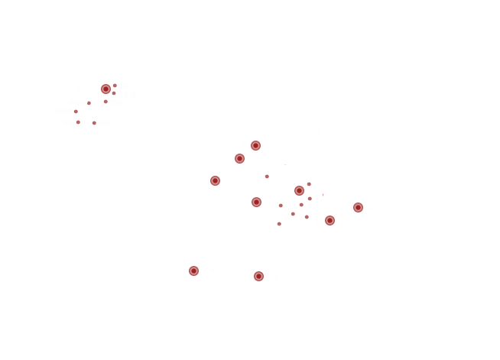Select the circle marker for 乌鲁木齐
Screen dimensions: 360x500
click(x=106, y=89)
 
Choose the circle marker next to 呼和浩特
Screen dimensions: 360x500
click(x=256, y=145)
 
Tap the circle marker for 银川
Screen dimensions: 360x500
click(x=240, y=158)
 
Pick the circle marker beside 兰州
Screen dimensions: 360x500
click(x=216, y=180)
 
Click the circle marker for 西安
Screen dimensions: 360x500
click(x=257, y=202)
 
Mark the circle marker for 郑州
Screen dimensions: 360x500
click(x=300, y=190)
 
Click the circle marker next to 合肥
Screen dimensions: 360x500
click(x=330, y=220)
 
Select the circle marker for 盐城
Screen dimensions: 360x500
click(x=359, y=207)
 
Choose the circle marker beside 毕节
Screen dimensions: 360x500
click(x=194, y=271)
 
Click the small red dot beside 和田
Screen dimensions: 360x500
click(x=95, y=122)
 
